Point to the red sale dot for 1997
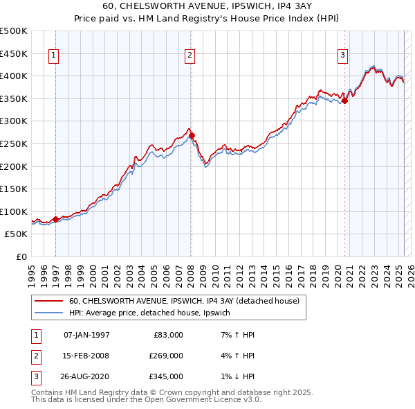point(56,219)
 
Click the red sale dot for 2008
point(192,135)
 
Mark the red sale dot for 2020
point(344,101)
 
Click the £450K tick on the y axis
point(14,53)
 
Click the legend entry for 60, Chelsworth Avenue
point(184,301)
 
